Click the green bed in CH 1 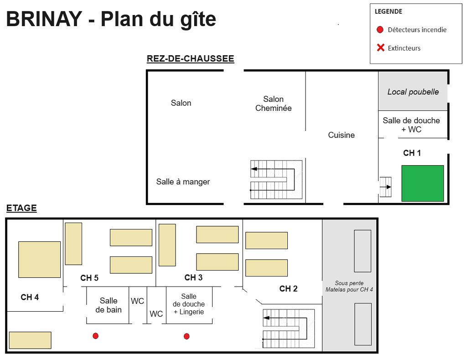point(422,183)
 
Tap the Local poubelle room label point(413,92)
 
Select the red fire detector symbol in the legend point(380,30)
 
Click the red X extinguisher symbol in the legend point(380,47)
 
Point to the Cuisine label point(341,135)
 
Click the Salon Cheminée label point(273,104)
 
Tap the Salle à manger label point(183,182)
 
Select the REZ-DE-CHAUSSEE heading point(190,59)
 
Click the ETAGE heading point(21,209)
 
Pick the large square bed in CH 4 point(39,259)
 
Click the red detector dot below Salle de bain point(95,336)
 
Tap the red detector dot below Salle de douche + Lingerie point(187,336)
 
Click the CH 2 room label point(288,288)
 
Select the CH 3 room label point(193,277)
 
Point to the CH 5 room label point(89,278)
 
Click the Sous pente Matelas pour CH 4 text point(349,286)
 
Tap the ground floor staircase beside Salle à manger point(276,179)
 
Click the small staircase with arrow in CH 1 point(385,187)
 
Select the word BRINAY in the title point(44,19)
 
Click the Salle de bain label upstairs point(109,305)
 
